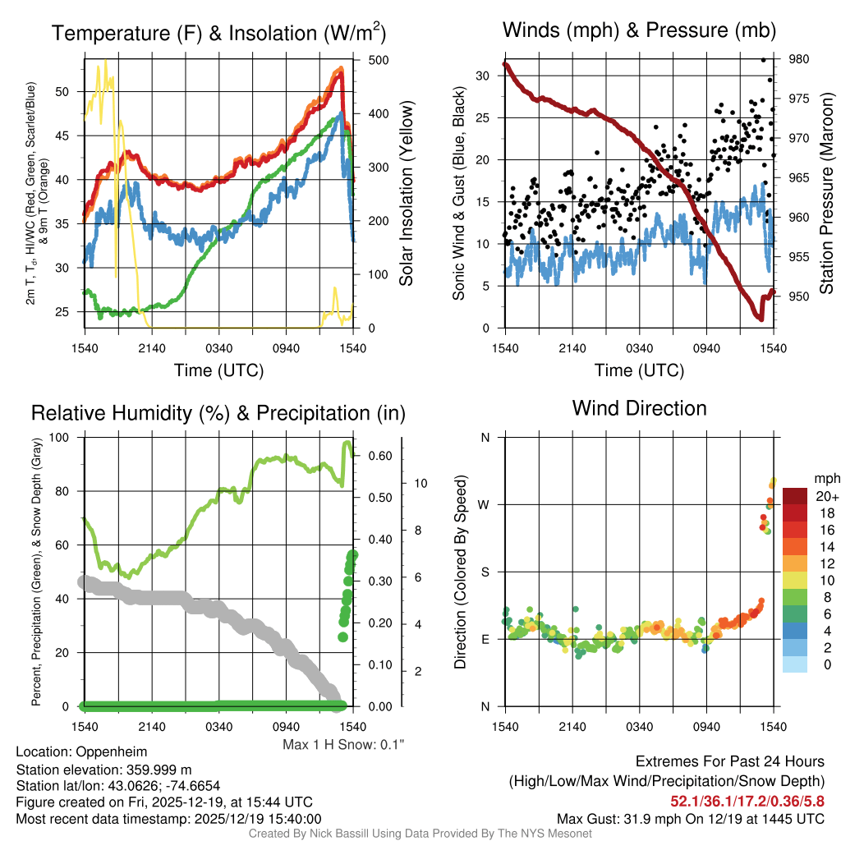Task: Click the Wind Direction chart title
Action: pos(639,408)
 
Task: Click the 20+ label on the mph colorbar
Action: pos(827,497)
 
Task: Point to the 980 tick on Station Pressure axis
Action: pos(799,59)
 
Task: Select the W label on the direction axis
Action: pos(485,504)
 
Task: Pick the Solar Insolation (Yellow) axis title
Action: pos(406,193)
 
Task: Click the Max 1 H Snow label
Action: pos(343,744)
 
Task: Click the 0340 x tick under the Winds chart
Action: pos(639,348)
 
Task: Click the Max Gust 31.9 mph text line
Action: pos(690,818)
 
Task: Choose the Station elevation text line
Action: pos(103,770)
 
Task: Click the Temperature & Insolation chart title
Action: pos(218,33)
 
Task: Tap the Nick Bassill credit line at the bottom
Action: pos(420,834)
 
